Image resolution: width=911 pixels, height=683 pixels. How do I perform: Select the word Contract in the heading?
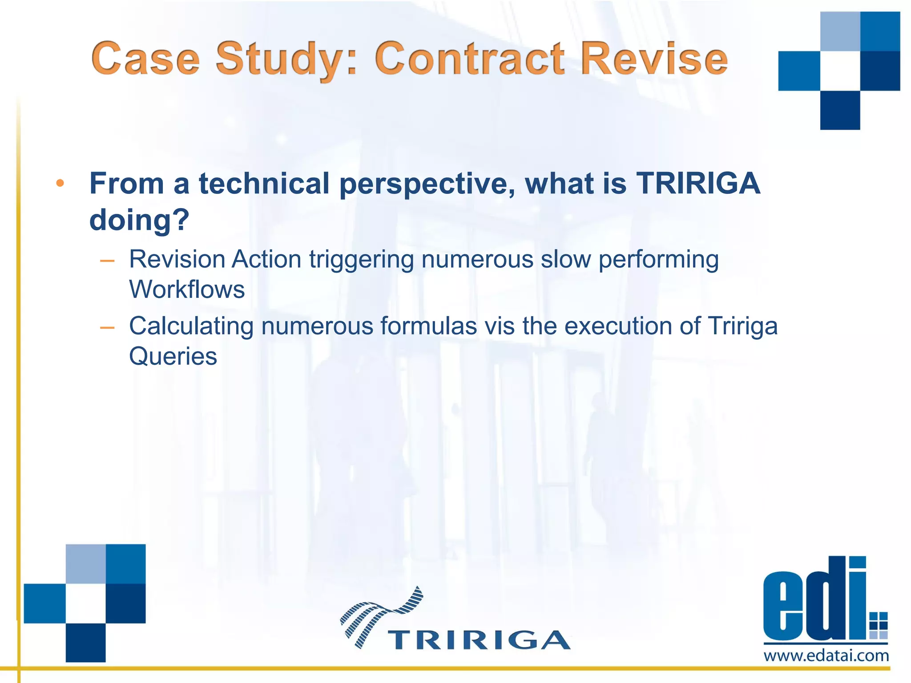click(x=470, y=59)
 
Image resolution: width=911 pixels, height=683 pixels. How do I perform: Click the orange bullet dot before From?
click(x=60, y=184)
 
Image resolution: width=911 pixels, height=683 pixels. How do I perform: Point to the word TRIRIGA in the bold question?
click(x=698, y=184)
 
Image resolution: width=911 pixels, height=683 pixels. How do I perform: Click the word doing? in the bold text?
click(x=139, y=220)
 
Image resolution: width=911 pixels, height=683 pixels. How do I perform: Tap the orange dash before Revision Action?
click(x=107, y=261)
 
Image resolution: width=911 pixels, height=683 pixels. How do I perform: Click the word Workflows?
click(x=187, y=290)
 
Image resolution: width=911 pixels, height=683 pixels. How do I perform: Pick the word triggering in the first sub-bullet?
click(x=361, y=260)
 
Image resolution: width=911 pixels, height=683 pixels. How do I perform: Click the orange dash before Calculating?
click(x=107, y=328)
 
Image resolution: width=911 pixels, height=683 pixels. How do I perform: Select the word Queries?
click(x=173, y=357)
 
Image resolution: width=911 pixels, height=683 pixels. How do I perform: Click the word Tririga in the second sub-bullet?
click(x=742, y=326)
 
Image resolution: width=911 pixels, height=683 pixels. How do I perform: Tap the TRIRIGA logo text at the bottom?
click(x=479, y=640)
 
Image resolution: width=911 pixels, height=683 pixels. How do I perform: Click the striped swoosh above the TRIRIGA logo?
click(x=382, y=614)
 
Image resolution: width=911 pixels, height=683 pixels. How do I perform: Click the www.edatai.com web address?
click(x=826, y=655)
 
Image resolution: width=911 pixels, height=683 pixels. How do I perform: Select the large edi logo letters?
click(x=814, y=600)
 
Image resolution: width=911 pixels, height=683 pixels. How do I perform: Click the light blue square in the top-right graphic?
click(x=840, y=31)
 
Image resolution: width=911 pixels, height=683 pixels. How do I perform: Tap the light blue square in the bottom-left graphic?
click(x=86, y=563)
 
